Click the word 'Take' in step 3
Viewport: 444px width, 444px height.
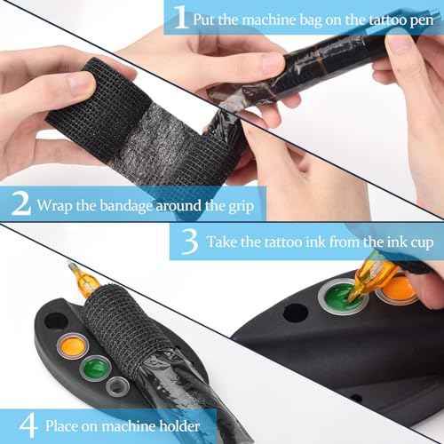pos(223,242)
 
